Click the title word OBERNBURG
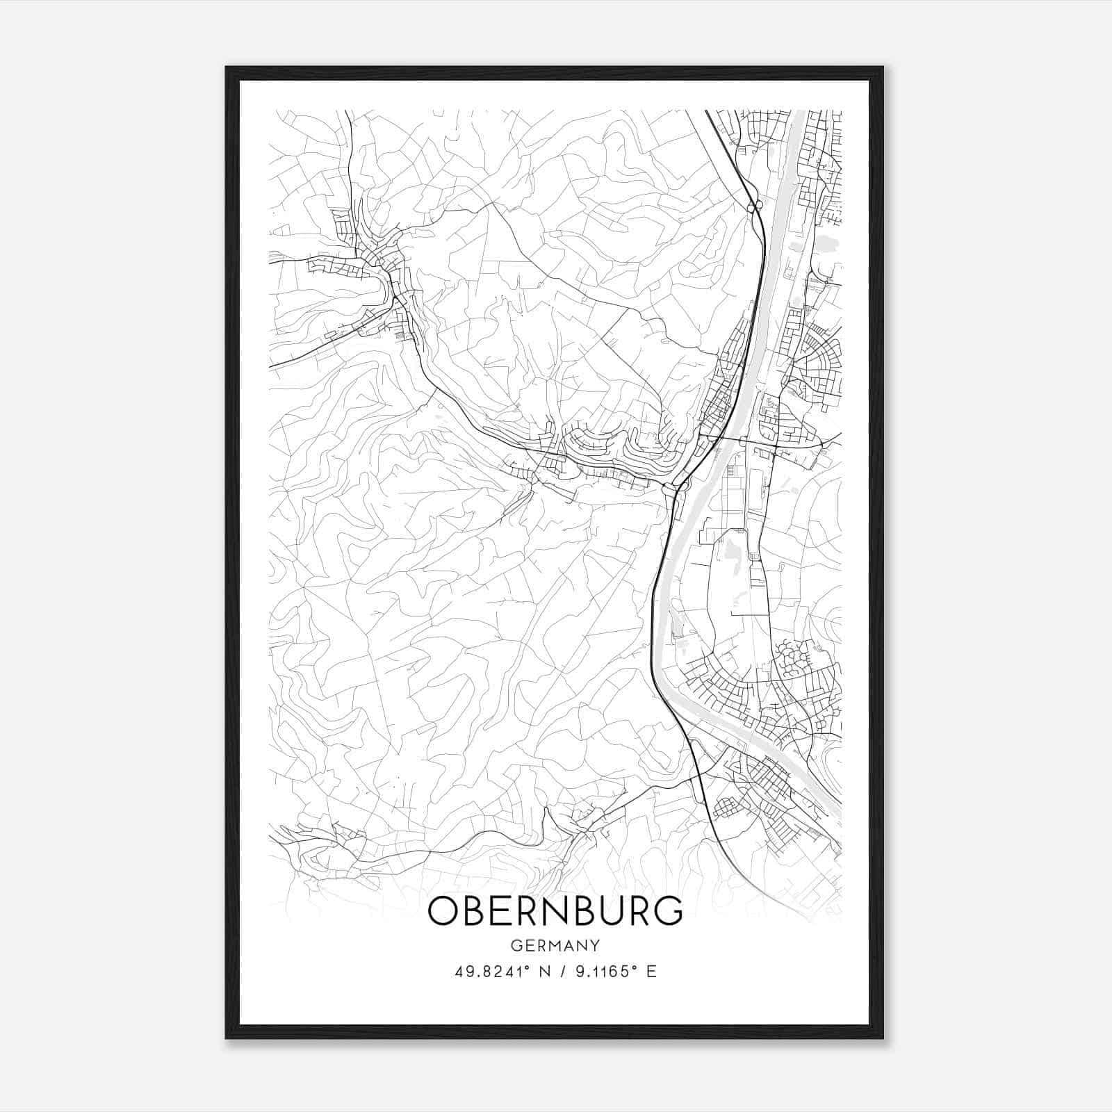tap(555, 912)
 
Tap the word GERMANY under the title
tap(555, 946)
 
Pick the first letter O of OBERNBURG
tap(444, 912)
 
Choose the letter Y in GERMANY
tap(594, 946)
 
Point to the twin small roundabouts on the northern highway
tap(754, 206)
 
